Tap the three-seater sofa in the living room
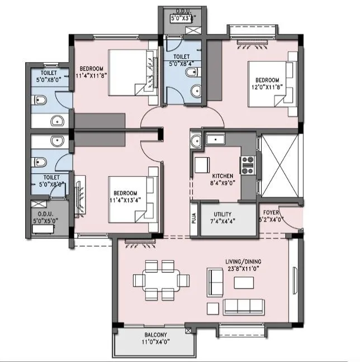tap(243, 305)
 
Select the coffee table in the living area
tap(244, 283)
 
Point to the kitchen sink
tap(214, 140)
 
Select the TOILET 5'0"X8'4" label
tap(182, 60)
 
